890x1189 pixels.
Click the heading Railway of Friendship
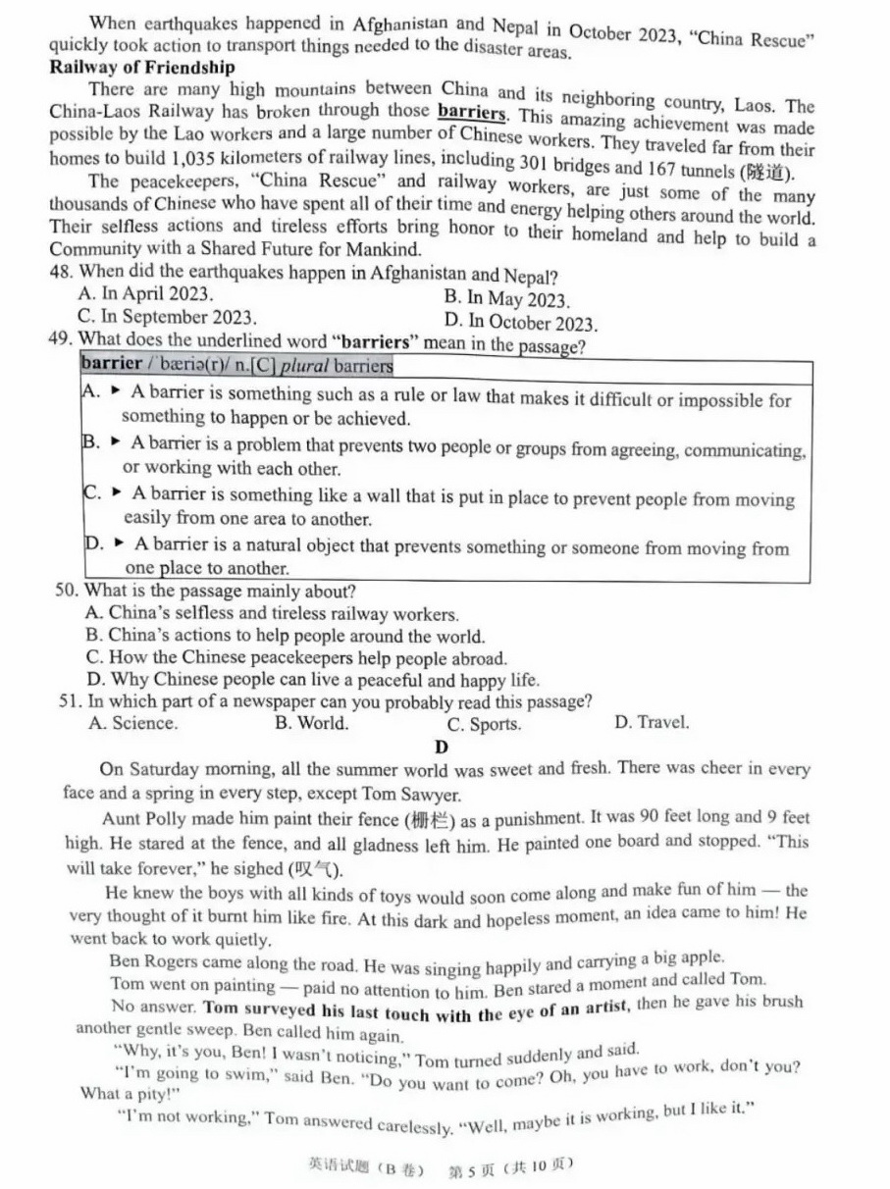coord(142,68)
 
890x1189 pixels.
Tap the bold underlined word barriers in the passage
coord(472,112)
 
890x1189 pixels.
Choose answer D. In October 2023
coord(520,322)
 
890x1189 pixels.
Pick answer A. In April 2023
coord(144,293)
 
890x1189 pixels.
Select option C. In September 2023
coord(167,317)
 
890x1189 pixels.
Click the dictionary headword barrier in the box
coord(111,363)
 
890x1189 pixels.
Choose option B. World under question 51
coord(311,724)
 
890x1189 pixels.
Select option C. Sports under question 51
coord(484,725)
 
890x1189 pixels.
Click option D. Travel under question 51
coord(652,722)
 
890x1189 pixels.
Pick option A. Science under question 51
coord(133,724)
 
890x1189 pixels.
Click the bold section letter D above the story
coord(442,747)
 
